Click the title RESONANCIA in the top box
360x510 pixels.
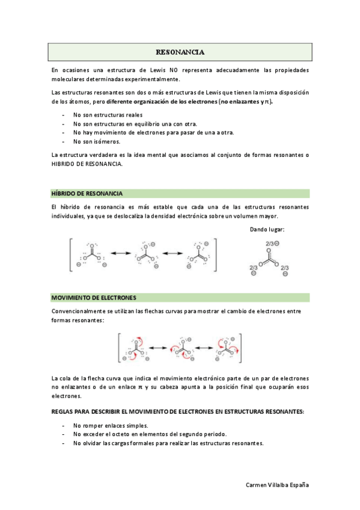click(x=180, y=52)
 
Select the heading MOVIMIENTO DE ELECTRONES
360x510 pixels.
click(x=94, y=298)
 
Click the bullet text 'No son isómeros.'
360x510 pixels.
click(x=96, y=141)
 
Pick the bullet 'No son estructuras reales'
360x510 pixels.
click(x=108, y=114)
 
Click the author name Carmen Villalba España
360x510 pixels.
click(x=278, y=485)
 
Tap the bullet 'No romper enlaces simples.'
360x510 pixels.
click(x=110, y=425)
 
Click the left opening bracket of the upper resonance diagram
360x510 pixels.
click(x=72, y=254)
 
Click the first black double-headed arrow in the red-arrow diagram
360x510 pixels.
click(x=157, y=348)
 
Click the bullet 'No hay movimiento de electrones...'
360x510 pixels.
click(x=153, y=132)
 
